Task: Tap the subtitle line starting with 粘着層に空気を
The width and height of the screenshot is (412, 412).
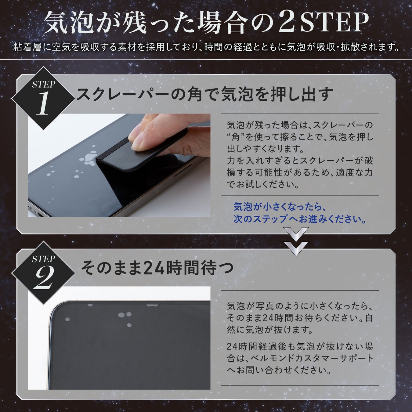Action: tap(206, 47)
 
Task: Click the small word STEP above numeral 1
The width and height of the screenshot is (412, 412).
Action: tap(43, 85)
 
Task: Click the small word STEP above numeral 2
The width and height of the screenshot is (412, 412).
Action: tap(43, 259)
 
